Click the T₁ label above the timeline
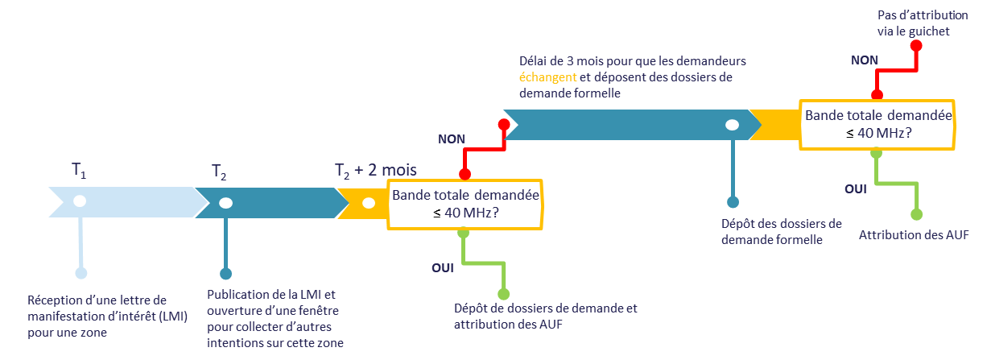[78, 170]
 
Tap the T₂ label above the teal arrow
[219, 172]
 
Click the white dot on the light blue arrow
[79, 201]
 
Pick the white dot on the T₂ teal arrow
[226, 202]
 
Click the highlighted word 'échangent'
[547, 77]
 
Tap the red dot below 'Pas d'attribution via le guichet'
[915, 45]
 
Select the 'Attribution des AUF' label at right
[914, 235]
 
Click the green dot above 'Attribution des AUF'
[916, 214]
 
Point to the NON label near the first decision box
[452, 139]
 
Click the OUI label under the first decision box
[443, 267]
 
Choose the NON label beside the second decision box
[865, 60]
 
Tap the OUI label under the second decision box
[855, 188]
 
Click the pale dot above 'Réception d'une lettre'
[81, 273]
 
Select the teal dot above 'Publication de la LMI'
[225, 273]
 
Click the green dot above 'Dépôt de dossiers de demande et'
[504, 294]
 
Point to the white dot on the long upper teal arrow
[732, 125]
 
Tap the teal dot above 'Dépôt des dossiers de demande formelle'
[733, 202]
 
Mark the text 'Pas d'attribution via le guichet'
[915, 24]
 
